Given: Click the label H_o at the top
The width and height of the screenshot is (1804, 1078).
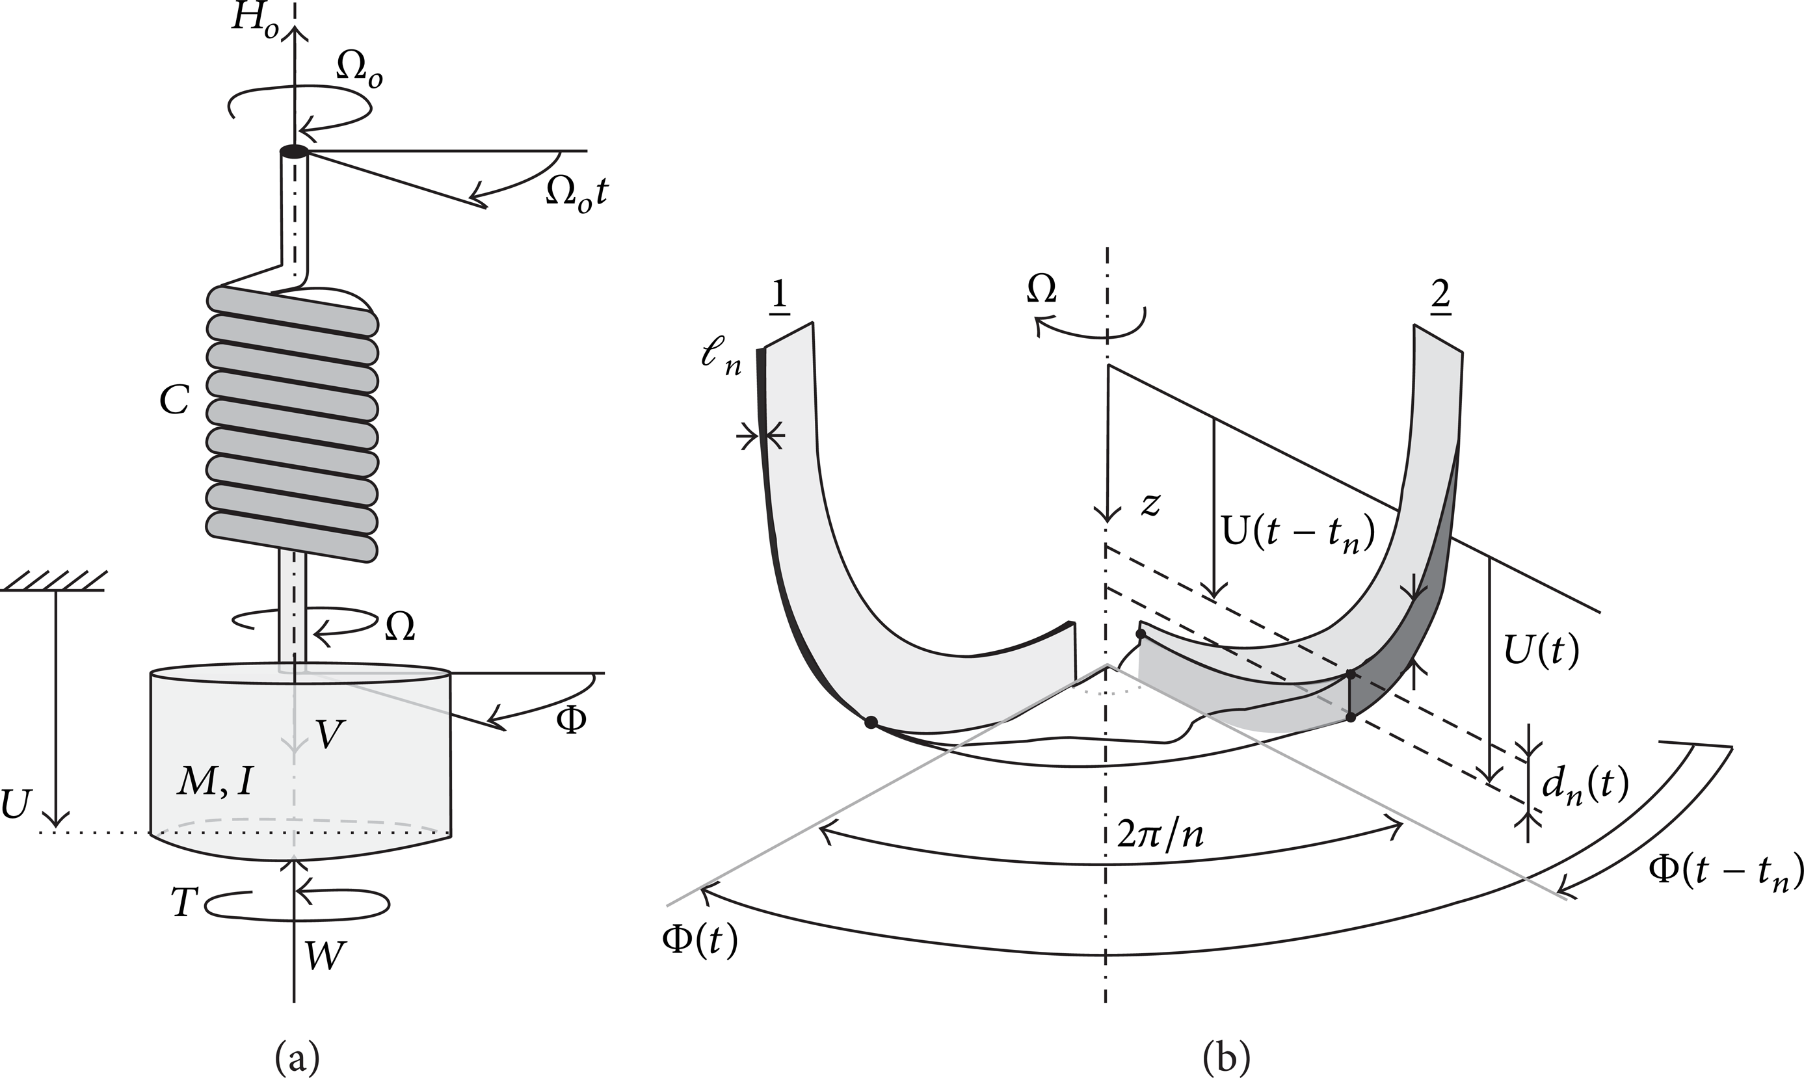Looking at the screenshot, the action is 256,20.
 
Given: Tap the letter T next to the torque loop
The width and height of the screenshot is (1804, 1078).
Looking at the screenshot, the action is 185,902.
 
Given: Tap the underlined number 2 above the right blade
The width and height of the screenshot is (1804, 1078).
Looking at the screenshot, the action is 1439,296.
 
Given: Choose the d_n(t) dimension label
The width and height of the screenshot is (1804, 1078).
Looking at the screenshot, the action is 1585,787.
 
